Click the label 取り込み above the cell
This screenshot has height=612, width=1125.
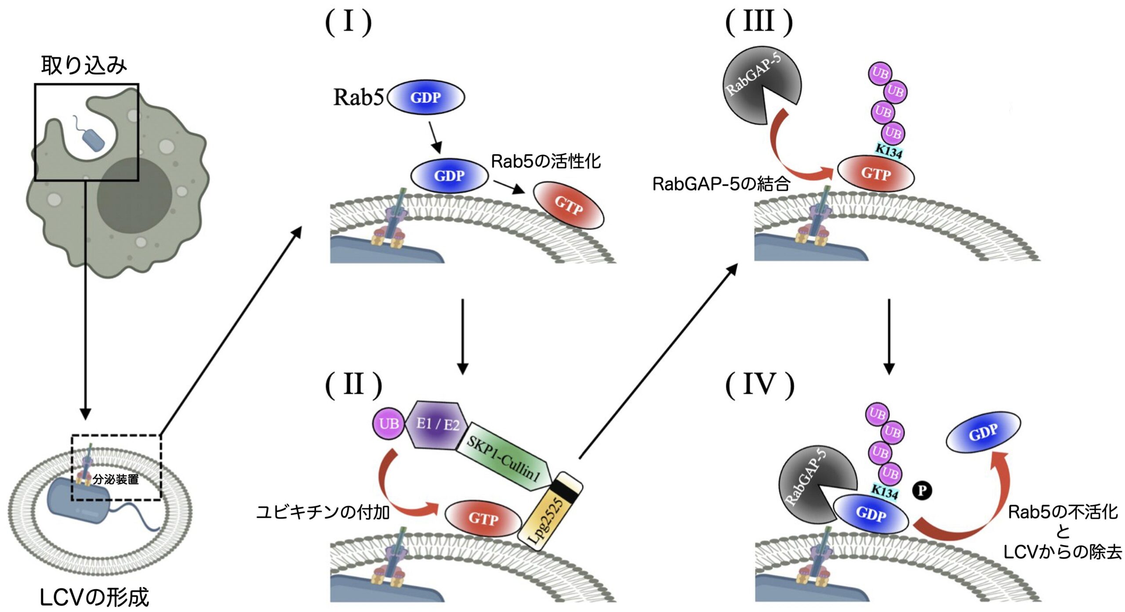[x=84, y=65]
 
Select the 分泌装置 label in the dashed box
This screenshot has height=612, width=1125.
[x=116, y=479]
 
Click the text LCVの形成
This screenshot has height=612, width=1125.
[x=94, y=597]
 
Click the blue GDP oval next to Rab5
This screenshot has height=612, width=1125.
[x=425, y=98]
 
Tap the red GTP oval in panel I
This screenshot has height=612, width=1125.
[x=568, y=205]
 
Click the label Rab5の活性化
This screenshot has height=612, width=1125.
[x=545, y=161]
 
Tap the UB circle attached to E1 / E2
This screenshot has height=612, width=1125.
[x=388, y=424]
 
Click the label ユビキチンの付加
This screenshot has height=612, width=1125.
[x=323, y=512]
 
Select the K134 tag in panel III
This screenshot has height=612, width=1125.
[x=888, y=151]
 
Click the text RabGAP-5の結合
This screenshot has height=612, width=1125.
[x=721, y=184]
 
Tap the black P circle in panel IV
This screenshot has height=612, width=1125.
[x=922, y=490]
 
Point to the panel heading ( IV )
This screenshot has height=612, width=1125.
[x=759, y=384]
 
